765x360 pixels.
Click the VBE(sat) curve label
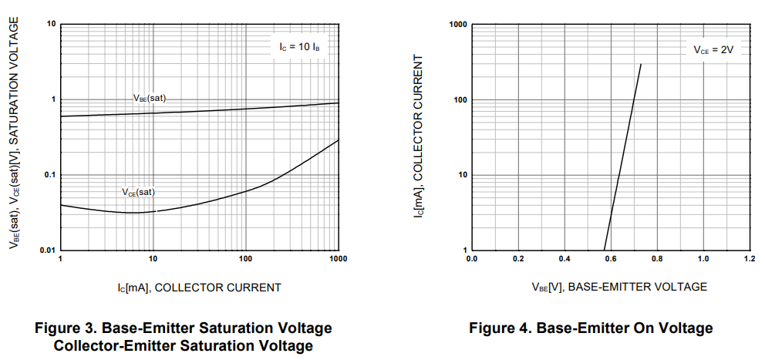pos(150,99)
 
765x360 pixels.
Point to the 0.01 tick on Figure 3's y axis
pos(47,251)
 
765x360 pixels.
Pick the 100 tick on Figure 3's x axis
pos(246,260)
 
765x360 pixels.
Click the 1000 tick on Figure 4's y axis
pos(459,25)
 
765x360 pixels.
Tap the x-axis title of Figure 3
pos(199,288)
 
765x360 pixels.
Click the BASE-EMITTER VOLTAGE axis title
pos(618,287)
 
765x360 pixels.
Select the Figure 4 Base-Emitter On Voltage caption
pos(591,328)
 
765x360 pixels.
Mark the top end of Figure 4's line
pos(641,64)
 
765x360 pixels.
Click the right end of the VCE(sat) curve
pos(339,140)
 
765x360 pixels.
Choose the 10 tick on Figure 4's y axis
pos(463,175)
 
